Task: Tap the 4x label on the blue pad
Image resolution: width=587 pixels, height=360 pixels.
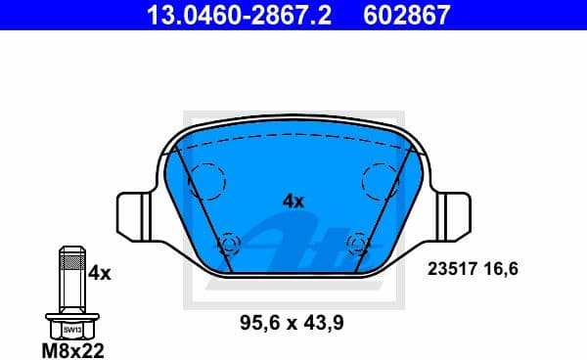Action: [x=293, y=201]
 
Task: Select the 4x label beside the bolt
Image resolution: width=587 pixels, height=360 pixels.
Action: [x=100, y=274]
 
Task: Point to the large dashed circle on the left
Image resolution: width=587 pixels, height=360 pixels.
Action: [x=206, y=180]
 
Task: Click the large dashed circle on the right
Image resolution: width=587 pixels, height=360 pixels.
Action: [x=380, y=180]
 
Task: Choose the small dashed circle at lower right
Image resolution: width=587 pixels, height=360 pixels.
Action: [x=357, y=243]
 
